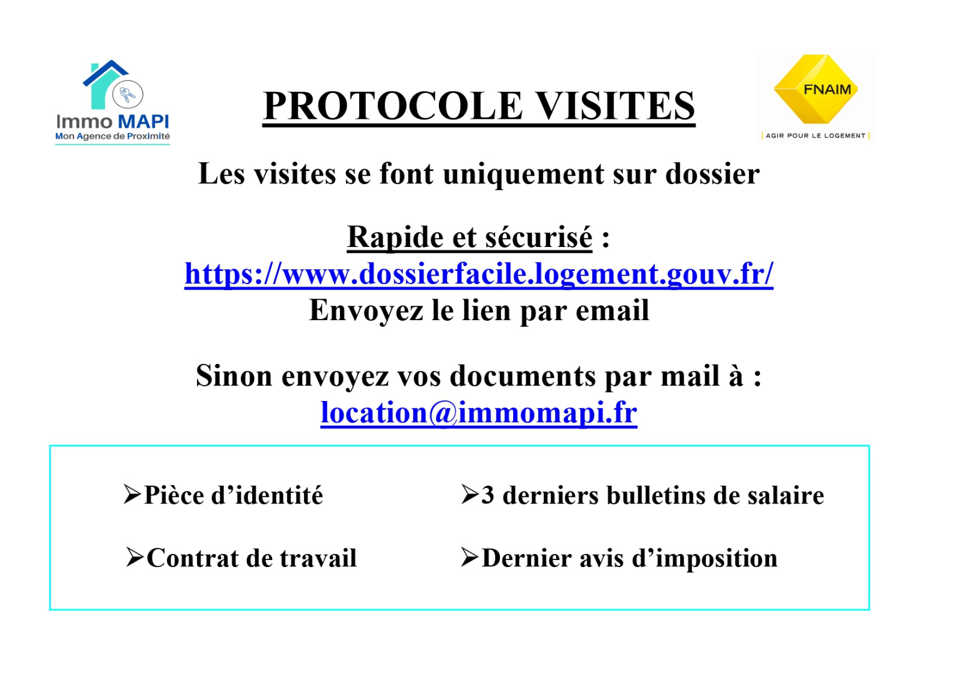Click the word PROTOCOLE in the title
[393, 106]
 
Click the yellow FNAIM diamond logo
[815, 89]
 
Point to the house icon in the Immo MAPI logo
[105, 85]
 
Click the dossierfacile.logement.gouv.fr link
[479, 273]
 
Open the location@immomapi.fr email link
[479, 412]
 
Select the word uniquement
[523, 174]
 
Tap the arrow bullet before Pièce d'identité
[132, 494]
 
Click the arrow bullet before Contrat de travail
[135, 558]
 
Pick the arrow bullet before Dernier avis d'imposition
[469, 558]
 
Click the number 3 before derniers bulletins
[488, 495]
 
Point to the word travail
[318, 558]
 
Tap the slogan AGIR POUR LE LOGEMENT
[815, 135]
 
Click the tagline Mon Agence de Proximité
[113, 137]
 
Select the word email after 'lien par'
[613, 310]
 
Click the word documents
[522, 376]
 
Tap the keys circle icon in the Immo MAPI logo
[128, 94]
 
